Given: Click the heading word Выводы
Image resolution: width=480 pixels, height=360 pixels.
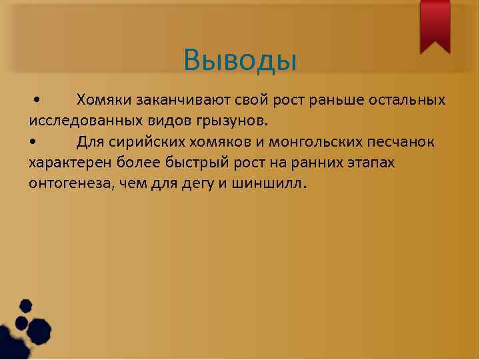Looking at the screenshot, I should [239, 60].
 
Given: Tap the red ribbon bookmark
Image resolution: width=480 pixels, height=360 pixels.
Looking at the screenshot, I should [435, 25].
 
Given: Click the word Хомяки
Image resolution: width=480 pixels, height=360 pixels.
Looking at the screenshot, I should [103, 101].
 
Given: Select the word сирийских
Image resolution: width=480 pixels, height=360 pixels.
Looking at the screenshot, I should [143, 142].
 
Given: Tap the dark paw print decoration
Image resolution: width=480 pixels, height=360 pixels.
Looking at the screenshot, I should [27, 327].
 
